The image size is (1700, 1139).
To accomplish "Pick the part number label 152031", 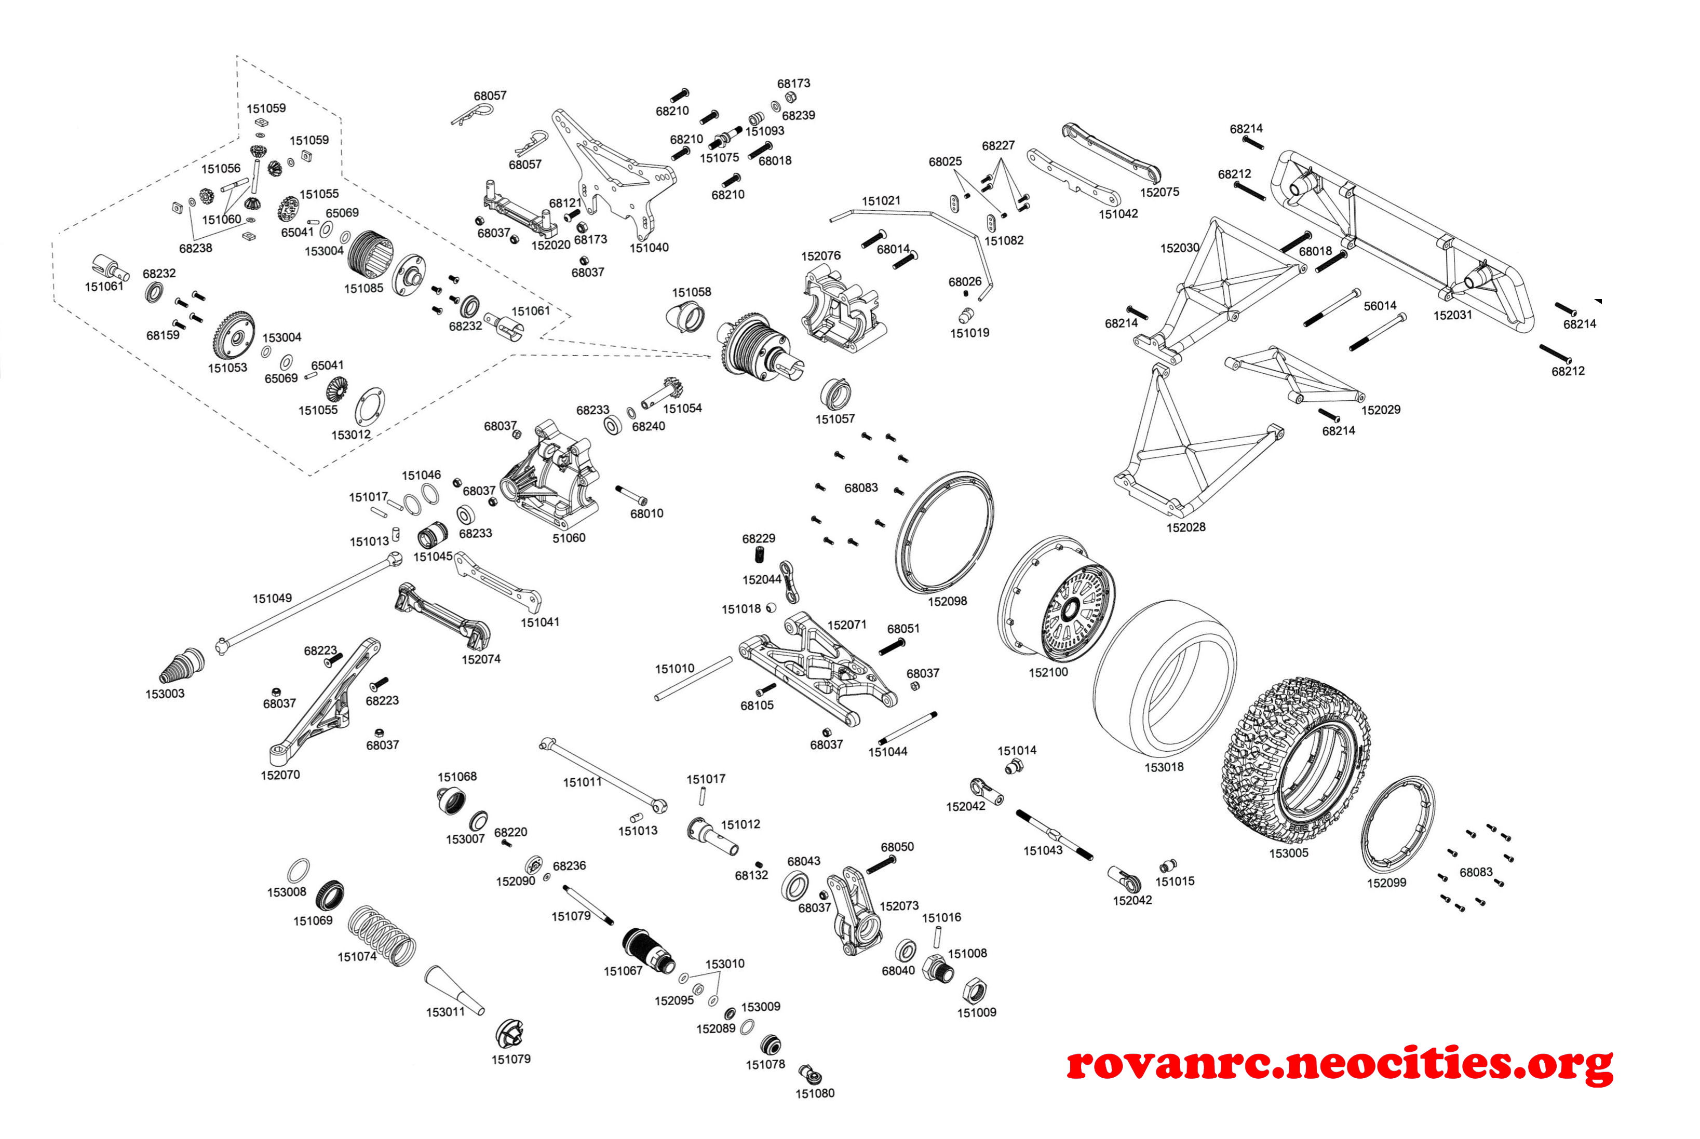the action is pyautogui.click(x=1452, y=315).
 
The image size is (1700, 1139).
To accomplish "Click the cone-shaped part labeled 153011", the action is pyautogui.click(x=454, y=989).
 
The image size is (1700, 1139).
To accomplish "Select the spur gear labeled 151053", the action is pyautogui.click(x=234, y=335).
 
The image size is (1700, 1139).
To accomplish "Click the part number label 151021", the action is pyautogui.click(x=881, y=200).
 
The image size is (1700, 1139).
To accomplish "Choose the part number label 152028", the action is pyautogui.click(x=1185, y=527).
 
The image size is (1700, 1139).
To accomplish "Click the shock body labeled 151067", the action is pyautogui.click(x=649, y=951).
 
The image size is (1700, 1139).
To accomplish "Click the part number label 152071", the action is pyautogui.click(x=847, y=625).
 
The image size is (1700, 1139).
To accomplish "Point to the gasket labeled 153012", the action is pyautogui.click(x=370, y=407).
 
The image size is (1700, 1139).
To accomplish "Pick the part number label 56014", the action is pyautogui.click(x=1380, y=306).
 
